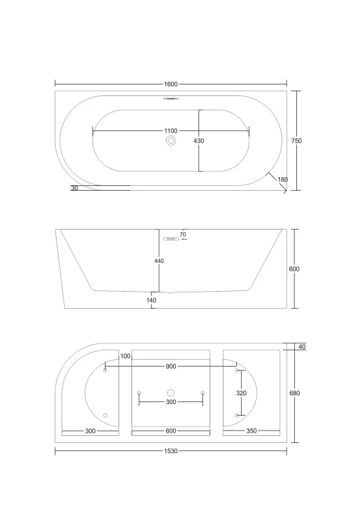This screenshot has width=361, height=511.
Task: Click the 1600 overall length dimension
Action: (171, 84)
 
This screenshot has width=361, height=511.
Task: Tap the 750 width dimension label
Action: (296, 141)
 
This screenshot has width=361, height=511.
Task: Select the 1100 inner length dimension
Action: (171, 131)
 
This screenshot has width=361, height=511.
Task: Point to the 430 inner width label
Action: (199, 141)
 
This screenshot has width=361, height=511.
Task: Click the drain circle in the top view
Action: (171, 141)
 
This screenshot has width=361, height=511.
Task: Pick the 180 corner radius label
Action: (283, 180)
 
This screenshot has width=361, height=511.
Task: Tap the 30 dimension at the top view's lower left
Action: (74, 188)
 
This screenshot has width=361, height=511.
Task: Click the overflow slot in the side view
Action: (171, 239)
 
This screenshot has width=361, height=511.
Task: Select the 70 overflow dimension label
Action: (183, 234)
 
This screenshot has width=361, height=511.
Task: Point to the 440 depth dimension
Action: (159, 261)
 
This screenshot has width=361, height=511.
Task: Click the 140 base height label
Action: (151, 300)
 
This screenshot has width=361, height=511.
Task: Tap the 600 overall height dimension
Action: (294, 269)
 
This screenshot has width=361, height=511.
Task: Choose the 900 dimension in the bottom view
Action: (171, 367)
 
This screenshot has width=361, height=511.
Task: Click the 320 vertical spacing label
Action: (241, 393)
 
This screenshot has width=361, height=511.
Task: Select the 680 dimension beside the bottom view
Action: (294, 393)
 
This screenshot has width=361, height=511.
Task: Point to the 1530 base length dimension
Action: (171, 451)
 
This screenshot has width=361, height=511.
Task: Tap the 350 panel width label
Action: (251, 431)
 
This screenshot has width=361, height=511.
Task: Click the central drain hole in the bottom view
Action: (171, 392)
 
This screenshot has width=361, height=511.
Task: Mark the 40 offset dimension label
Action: (302, 347)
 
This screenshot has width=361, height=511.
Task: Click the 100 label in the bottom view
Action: (125, 356)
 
